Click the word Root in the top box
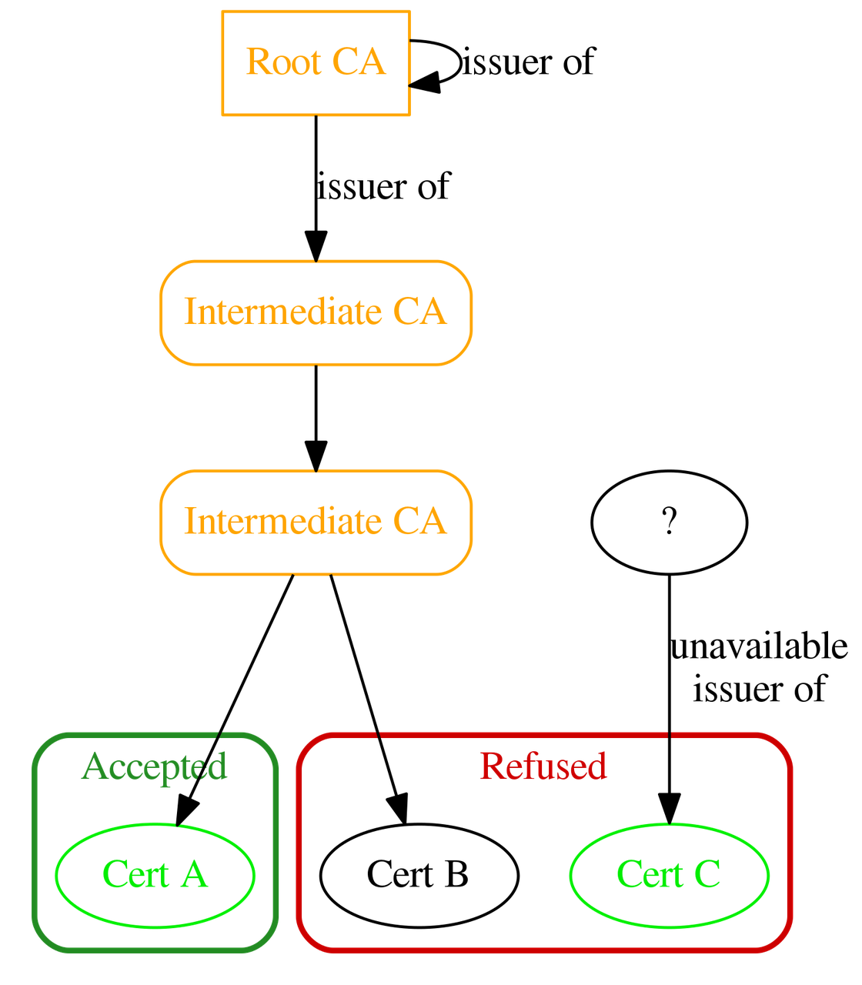pos(282,62)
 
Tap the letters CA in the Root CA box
pos(359,62)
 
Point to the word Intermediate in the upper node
pos(282,312)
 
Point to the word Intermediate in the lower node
pos(282,521)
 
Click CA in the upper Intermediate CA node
pos(419,312)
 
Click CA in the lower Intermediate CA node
pos(419,521)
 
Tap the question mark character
pos(669,522)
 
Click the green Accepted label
pos(154,766)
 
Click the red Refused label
pos(543,766)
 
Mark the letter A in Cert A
pos(195,874)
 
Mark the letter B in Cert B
pos(455,874)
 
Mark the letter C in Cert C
pos(707,874)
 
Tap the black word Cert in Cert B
pos(399,874)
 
